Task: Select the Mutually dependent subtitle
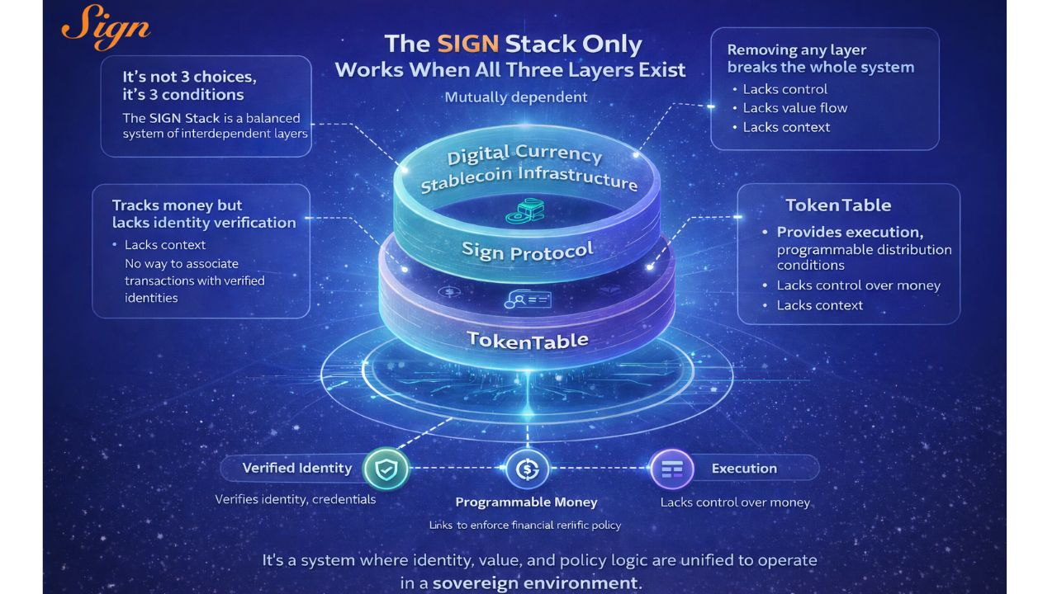click(x=516, y=97)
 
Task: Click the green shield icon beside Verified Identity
click(x=386, y=469)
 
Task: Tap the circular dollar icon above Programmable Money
click(x=527, y=469)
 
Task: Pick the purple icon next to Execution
click(x=671, y=469)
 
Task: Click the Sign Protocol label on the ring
click(x=528, y=250)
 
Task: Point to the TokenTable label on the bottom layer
click(x=527, y=339)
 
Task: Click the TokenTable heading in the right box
click(x=837, y=205)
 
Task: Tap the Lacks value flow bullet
click(x=794, y=108)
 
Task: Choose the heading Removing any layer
click(x=796, y=50)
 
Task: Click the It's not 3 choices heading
click(x=189, y=77)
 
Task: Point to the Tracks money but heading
click(x=177, y=205)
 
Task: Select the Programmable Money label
click(x=526, y=502)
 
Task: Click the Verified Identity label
click(x=296, y=468)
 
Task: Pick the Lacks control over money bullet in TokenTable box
click(x=858, y=285)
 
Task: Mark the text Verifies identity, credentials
click(x=295, y=499)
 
